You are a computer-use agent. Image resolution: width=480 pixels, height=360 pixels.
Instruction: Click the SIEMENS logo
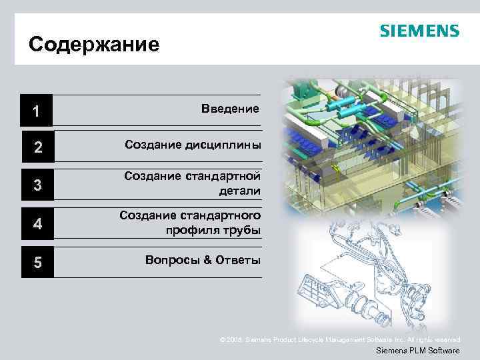419,31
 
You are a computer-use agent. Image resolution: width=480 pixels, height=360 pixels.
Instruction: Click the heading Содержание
94,45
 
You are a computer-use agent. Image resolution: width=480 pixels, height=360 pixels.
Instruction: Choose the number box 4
37,224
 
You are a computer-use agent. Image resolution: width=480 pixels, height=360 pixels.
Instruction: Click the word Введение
229,108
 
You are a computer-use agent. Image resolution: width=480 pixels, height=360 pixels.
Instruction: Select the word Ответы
237,260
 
